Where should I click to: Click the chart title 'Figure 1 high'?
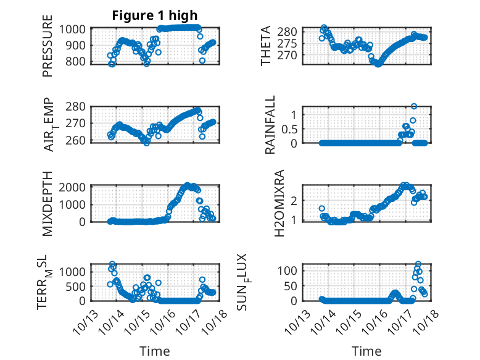coord(155,15)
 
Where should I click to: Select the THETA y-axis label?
coord(266,46)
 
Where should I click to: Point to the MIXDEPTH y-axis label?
coord(48,202)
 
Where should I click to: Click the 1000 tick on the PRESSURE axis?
coord(75,29)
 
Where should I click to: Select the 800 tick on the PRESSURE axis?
coord(78,61)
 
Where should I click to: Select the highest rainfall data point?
coord(414,106)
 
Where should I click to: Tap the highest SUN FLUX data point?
coord(418,264)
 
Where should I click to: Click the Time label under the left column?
coord(154,351)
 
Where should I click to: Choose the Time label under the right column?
coord(366,351)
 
